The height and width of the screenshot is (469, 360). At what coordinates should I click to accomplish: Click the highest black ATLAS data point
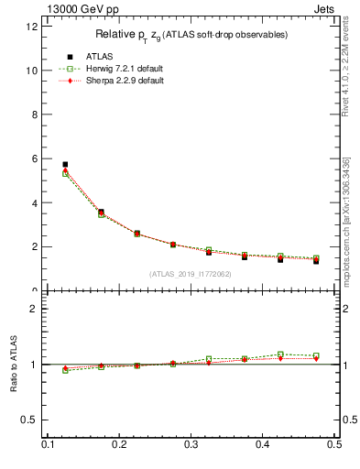coord(65,165)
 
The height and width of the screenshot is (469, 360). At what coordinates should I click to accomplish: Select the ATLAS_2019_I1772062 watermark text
coord(191,274)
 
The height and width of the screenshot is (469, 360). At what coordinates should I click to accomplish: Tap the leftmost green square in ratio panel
coord(65,370)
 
